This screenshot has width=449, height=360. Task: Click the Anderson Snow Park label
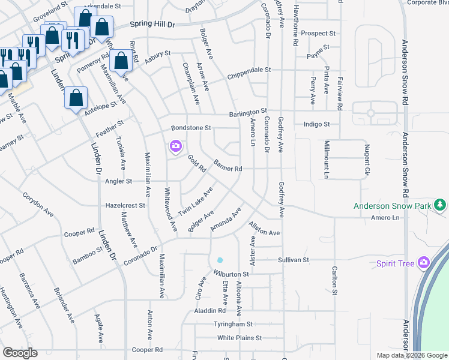pyautogui.click(x=393, y=206)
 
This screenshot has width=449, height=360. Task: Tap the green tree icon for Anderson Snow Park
pyautogui.click(x=441, y=205)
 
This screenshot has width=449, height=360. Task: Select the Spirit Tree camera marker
pyautogui.click(x=424, y=262)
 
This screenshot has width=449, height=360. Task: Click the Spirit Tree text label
pyautogui.click(x=396, y=263)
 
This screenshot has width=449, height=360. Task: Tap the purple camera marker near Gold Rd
pyautogui.click(x=175, y=146)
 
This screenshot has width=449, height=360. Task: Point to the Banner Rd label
pyautogui.click(x=228, y=169)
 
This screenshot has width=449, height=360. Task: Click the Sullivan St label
pyautogui.click(x=293, y=260)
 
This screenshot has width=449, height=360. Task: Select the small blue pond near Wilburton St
pyautogui.click(x=220, y=260)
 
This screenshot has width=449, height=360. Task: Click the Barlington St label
pyautogui.click(x=247, y=112)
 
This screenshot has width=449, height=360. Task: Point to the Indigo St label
pyautogui.click(x=317, y=124)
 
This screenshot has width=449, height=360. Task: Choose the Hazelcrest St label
pyautogui.click(x=125, y=205)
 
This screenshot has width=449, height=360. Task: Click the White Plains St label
pyautogui.click(x=240, y=338)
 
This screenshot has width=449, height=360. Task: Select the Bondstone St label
pyautogui.click(x=191, y=128)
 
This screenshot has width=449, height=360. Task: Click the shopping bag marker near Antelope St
pyautogui.click(x=76, y=98)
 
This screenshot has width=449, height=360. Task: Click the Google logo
pyautogui.click(x=20, y=353)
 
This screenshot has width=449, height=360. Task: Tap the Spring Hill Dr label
pyautogui.click(x=152, y=25)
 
